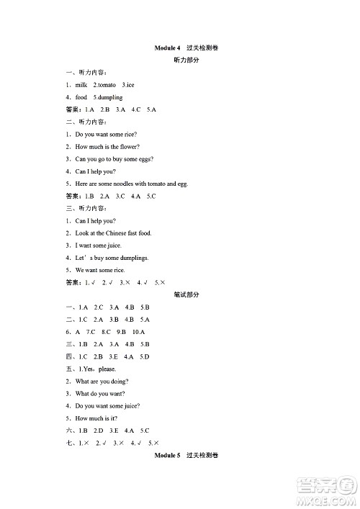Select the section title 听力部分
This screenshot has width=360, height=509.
[186, 60]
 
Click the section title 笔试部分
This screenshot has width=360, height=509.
[186, 294]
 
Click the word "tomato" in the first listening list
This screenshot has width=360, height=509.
[107, 85]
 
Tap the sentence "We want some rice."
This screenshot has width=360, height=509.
[100, 270]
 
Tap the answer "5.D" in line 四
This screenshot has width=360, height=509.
[143, 356]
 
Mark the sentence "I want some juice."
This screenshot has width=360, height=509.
[99, 246]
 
